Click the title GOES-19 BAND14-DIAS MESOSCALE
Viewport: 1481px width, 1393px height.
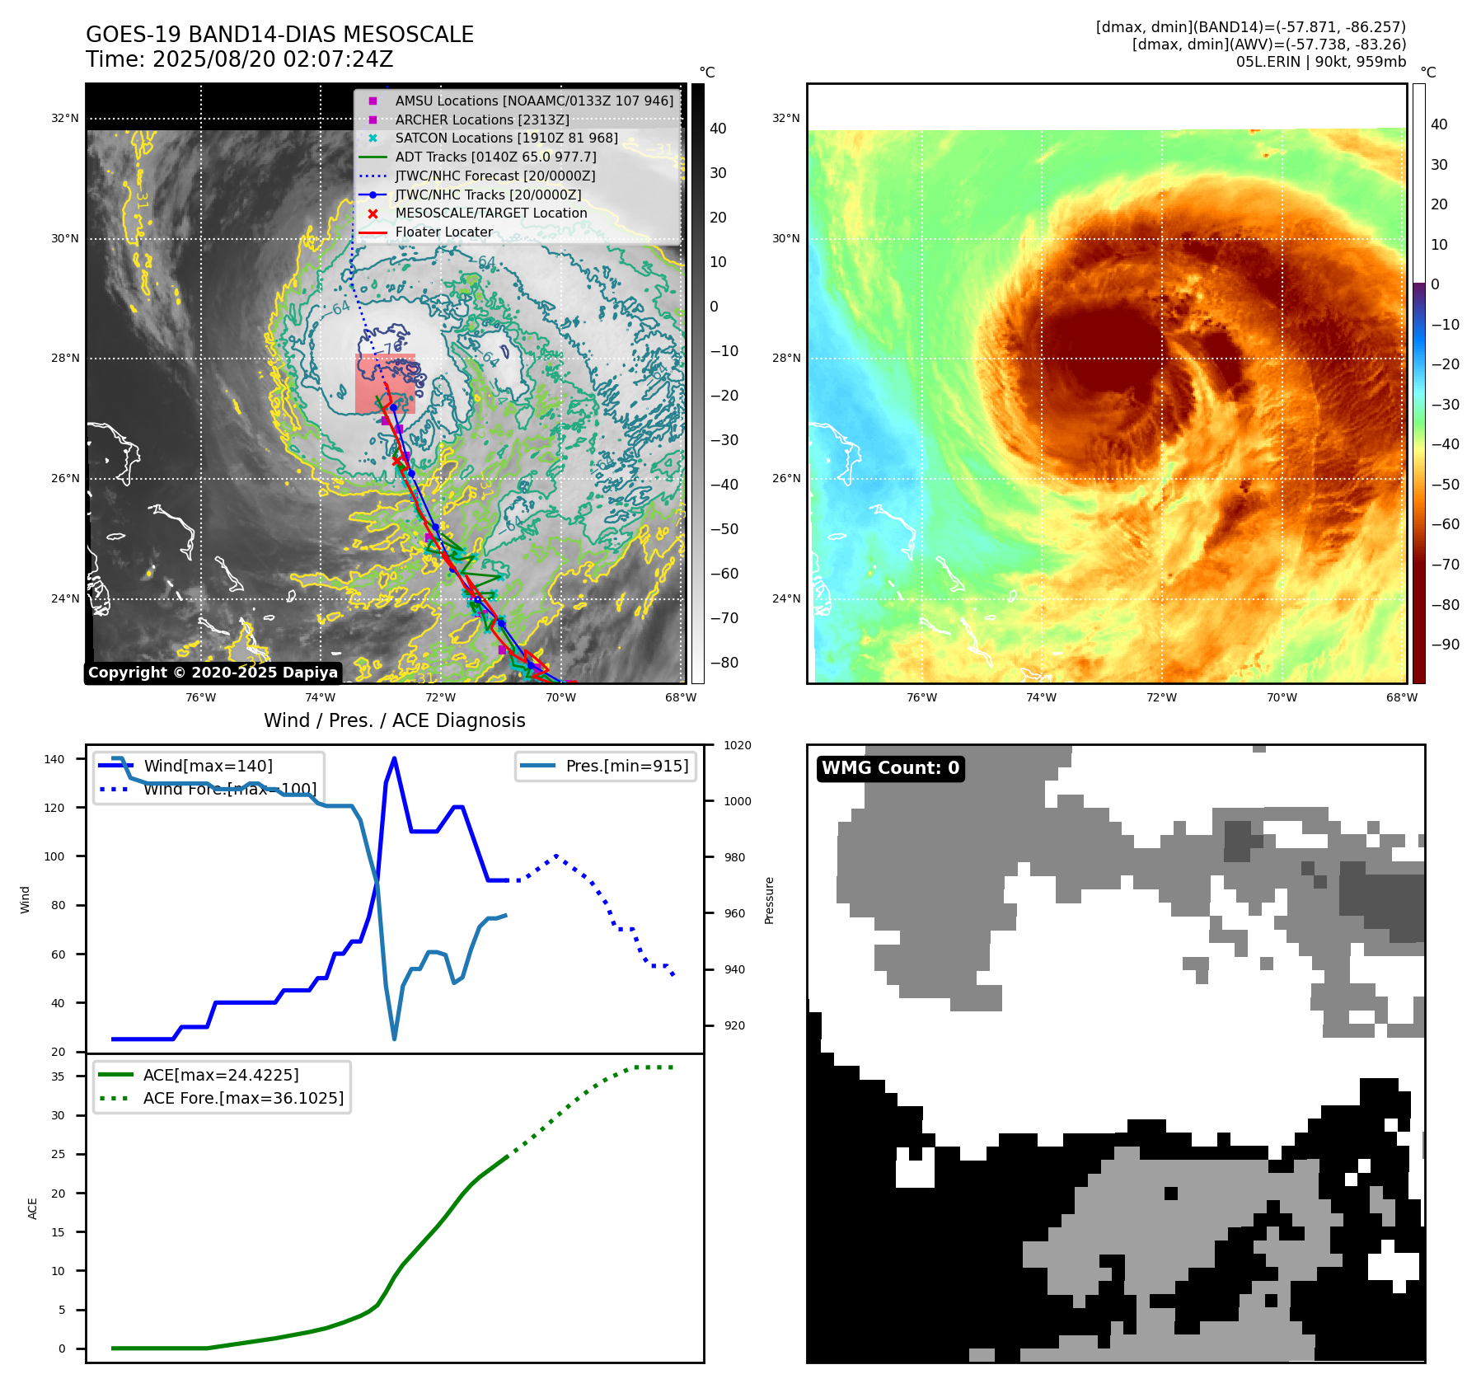pyautogui.click(x=279, y=35)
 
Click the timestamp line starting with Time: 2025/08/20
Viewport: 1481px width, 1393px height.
pyautogui.click(x=239, y=59)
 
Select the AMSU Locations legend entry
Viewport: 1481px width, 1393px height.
pyautogui.click(x=533, y=101)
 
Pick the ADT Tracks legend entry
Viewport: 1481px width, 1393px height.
pyautogui.click(x=495, y=157)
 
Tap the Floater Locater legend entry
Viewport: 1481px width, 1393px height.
pyautogui.click(x=443, y=232)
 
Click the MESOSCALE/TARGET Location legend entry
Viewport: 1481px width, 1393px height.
pyautogui.click(x=490, y=213)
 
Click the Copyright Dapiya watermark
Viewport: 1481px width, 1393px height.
pyautogui.click(x=213, y=673)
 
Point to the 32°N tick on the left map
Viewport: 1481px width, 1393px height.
pyautogui.click(x=65, y=118)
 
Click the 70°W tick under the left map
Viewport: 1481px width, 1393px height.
pyautogui.click(x=560, y=697)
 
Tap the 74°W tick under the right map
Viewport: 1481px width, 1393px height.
pyautogui.click(x=1041, y=697)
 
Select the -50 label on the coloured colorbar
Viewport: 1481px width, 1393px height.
pyautogui.click(x=1445, y=485)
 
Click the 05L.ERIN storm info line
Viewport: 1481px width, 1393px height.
pyautogui.click(x=1320, y=62)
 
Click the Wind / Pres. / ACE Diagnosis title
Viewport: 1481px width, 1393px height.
pyautogui.click(x=394, y=720)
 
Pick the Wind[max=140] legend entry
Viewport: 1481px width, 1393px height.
pyautogui.click(x=208, y=766)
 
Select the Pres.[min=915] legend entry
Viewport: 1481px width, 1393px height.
pyautogui.click(x=626, y=766)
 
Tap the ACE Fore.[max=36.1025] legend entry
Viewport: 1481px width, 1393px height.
pyautogui.click(x=243, y=1098)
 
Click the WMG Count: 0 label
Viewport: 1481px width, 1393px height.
pyautogui.click(x=890, y=768)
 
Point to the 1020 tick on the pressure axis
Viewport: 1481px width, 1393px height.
pyautogui.click(x=737, y=745)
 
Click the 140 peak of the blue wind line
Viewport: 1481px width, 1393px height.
pyautogui.click(x=394, y=758)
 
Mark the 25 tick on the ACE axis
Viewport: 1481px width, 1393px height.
pyautogui.click(x=59, y=1154)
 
